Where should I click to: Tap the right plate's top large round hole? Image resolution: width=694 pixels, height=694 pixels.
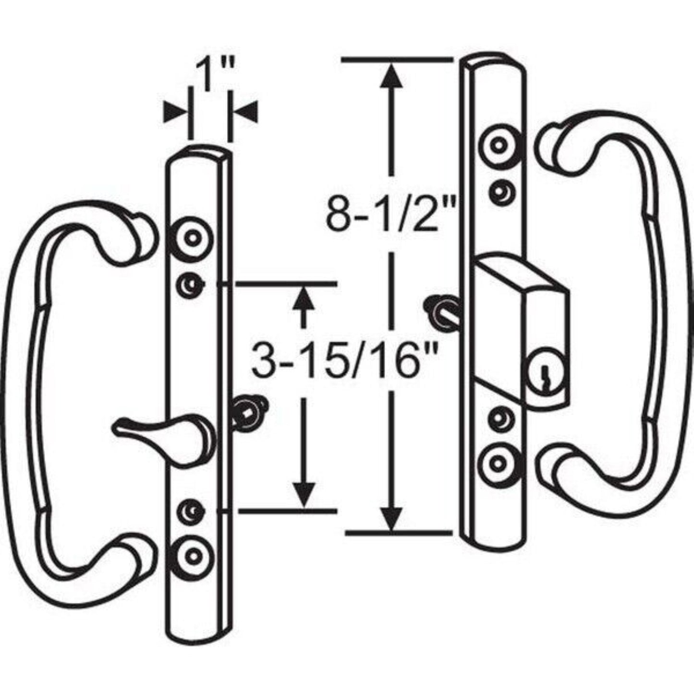tap(500, 144)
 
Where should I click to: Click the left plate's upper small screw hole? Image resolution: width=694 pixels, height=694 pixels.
tap(191, 286)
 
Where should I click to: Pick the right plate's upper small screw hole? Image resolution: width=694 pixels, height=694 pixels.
tap(501, 191)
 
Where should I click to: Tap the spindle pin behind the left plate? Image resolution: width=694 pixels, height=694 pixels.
tap(250, 411)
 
